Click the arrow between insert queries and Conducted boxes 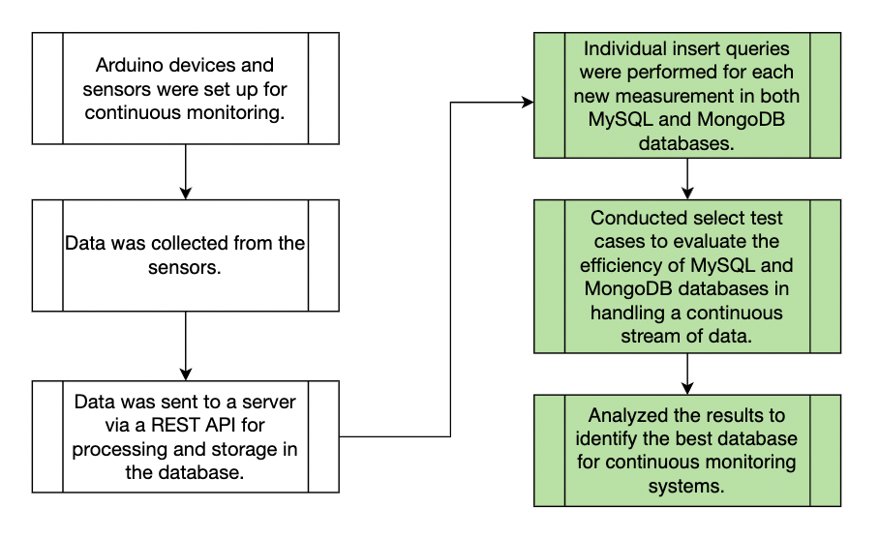686,178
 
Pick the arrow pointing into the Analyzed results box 686,374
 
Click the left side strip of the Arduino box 47,89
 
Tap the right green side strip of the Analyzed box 826,450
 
